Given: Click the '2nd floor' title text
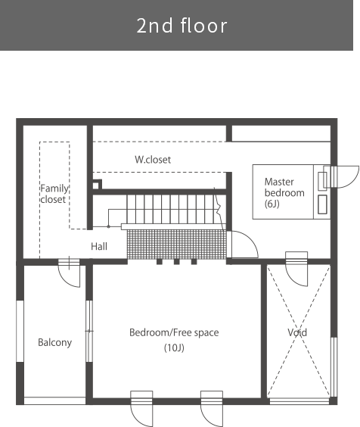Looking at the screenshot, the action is click(x=182, y=26).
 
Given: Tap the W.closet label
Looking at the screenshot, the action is click(x=153, y=160).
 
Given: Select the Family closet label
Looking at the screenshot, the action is click(x=54, y=194).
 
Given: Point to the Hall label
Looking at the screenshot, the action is click(x=99, y=247).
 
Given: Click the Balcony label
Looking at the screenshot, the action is click(x=54, y=342).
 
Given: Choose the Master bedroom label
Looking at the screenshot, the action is click(x=284, y=187).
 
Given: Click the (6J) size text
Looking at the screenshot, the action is click(x=272, y=204).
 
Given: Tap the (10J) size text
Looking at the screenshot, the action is click(x=174, y=348).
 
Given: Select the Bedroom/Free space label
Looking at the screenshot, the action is click(x=174, y=333).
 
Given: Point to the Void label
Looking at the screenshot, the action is click(x=297, y=332).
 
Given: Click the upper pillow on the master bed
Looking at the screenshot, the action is click(x=322, y=182).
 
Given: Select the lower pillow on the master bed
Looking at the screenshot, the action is click(x=322, y=204).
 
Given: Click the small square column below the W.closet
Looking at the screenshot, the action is click(x=96, y=185).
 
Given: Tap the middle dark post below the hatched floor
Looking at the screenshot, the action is click(x=177, y=262).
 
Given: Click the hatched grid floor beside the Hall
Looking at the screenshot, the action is click(x=177, y=244).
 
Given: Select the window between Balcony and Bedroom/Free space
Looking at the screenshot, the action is click(x=89, y=331).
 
